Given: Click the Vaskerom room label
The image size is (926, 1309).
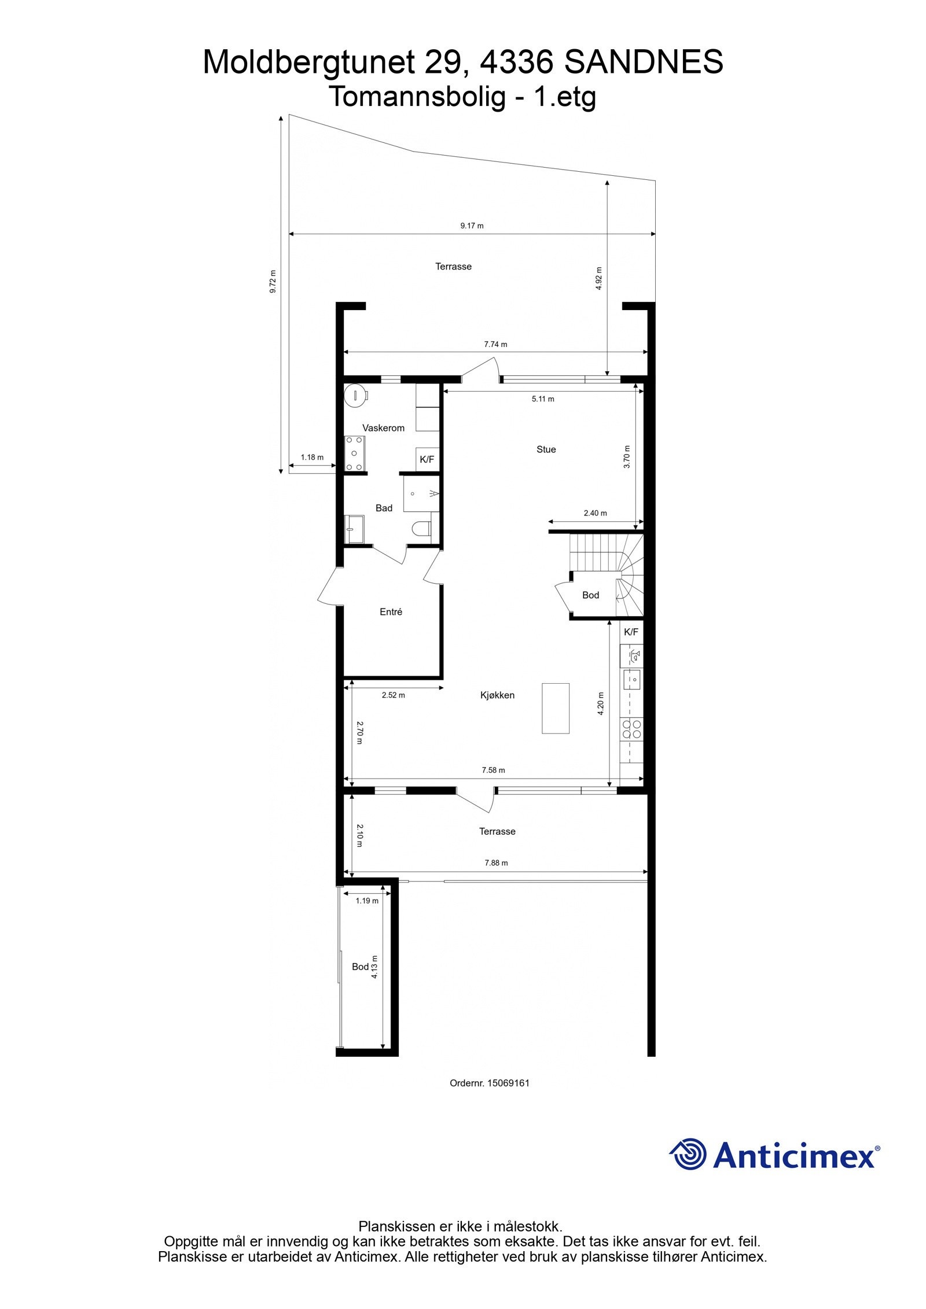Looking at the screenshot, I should click(x=383, y=428).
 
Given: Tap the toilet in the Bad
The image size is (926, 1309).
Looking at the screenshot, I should click(x=421, y=528).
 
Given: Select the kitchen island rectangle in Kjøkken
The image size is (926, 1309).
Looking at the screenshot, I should click(x=555, y=708).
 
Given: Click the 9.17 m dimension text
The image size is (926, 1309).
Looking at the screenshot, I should click(x=472, y=226).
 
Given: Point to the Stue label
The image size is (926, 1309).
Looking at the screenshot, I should click(x=546, y=449).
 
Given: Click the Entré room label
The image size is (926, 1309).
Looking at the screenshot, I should click(x=391, y=611).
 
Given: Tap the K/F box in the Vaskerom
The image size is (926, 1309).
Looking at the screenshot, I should click(x=427, y=459).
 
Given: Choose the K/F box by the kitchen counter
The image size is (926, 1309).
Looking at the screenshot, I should click(x=631, y=632).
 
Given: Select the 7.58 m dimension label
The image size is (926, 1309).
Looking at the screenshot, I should click(x=493, y=770).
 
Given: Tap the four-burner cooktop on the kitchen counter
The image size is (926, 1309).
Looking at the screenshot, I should click(x=631, y=729).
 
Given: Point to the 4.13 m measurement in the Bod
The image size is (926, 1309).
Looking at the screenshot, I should click(x=374, y=967).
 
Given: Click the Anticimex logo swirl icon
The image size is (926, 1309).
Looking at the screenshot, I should click(x=689, y=1154).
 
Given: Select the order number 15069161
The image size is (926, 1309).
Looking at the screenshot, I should click(x=508, y=1083).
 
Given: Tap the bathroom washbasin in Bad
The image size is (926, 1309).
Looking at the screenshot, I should click(x=354, y=529).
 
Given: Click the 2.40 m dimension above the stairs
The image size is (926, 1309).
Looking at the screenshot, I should click(x=595, y=512).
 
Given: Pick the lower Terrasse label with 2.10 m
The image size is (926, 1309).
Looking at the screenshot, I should click(x=497, y=831).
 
